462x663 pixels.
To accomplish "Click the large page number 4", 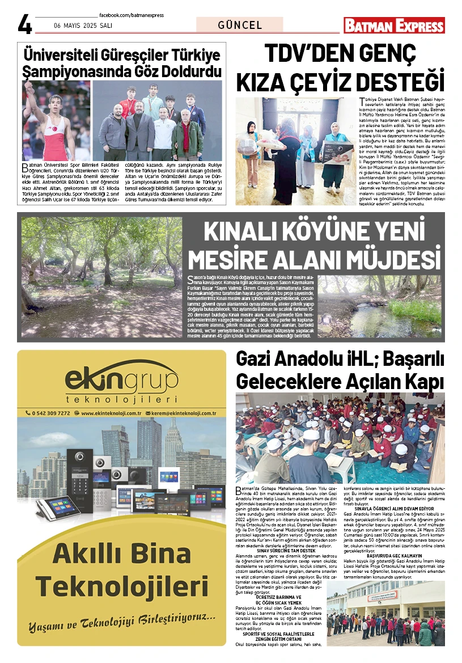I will click(25, 24).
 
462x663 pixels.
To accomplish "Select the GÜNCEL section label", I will click(240, 25).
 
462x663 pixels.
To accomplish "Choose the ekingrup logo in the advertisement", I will click(121, 380).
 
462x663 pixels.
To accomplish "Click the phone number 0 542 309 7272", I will click(50, 413).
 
